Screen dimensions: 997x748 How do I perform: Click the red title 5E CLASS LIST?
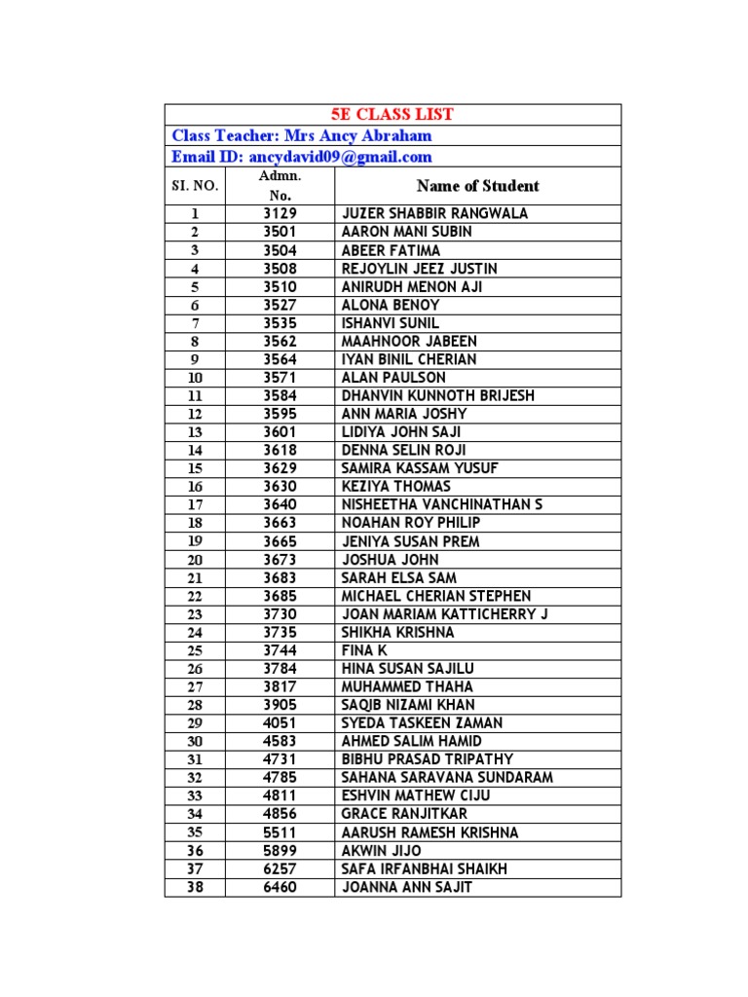tap(393, 115)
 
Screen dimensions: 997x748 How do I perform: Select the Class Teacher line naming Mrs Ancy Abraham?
tap(302, 136)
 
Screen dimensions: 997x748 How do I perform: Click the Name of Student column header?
tap(477, 186)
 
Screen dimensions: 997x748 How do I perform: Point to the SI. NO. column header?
tap(195, 186)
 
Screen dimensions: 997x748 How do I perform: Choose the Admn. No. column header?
tap(280, 185)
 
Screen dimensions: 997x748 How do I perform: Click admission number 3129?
tap(280, 213)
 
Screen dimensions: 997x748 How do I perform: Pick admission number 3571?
tap(280, 378)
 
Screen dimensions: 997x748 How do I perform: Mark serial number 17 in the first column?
tap(195, 505)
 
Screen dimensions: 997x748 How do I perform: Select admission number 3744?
tap(280, 650)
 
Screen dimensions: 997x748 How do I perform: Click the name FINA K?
tap(364, 650)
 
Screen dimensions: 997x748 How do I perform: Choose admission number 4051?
tap(280, 723)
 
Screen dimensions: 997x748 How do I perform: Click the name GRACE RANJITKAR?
tap(404, 814)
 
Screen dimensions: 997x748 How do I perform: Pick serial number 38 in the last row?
tap(195, 887)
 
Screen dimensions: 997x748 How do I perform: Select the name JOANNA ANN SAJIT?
tap(407, 887)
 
